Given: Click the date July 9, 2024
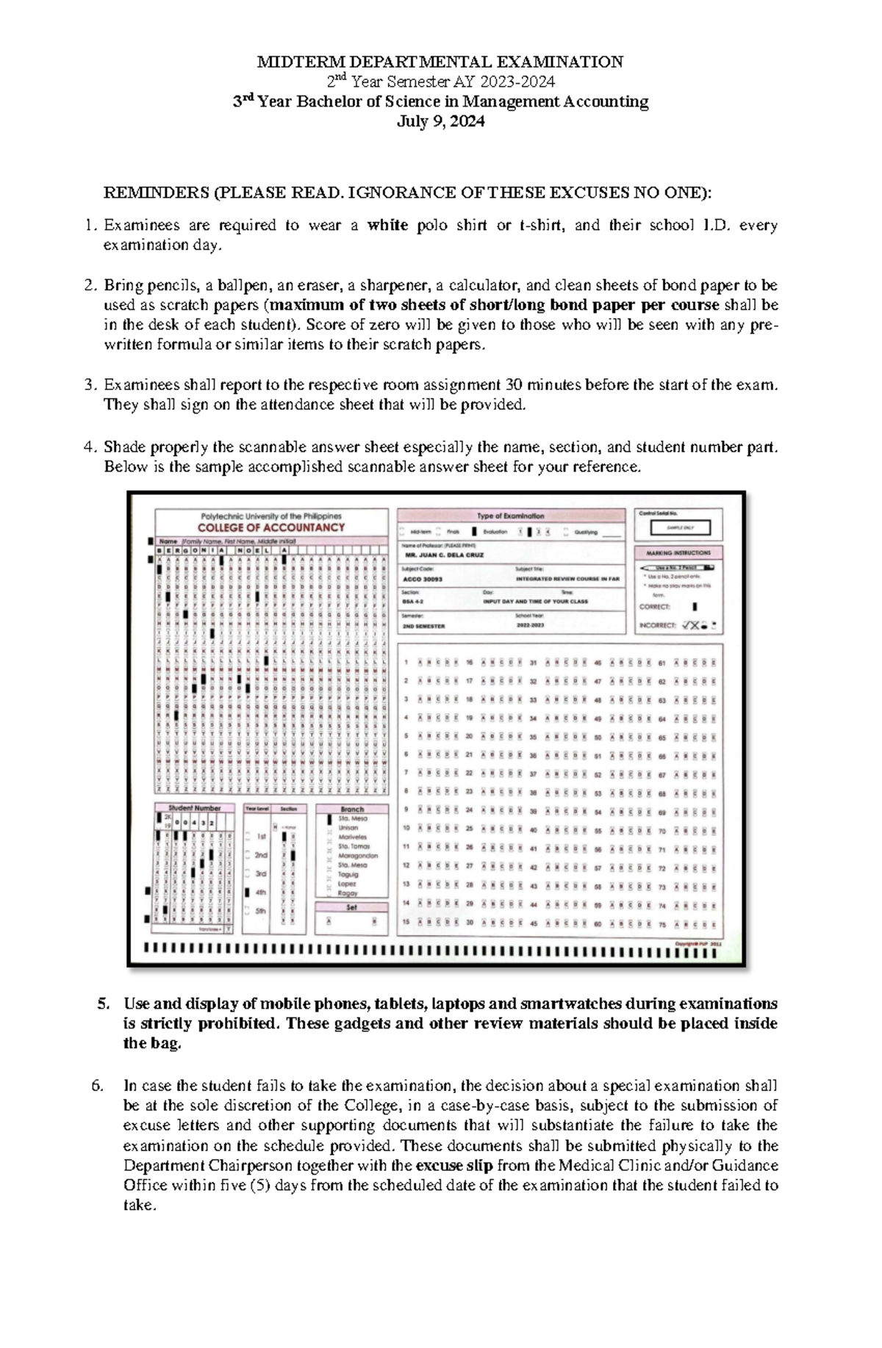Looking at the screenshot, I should coord(440,122).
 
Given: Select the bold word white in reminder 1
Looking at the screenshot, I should coord(387,226).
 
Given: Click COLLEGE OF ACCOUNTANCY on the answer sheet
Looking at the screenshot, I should coord(271,527).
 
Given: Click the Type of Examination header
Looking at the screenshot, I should coord(511,516).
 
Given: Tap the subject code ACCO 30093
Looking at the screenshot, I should coord(423,579).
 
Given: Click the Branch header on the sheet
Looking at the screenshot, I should coord(352,809).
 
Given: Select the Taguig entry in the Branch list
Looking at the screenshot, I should coord(348,874).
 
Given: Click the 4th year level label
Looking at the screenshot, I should coord(260,893).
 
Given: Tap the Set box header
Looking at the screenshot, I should coord(351,908).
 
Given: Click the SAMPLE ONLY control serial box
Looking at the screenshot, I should coord(679,527).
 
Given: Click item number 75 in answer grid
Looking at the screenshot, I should coord(661,925).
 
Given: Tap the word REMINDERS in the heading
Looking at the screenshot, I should coord(155,193).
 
